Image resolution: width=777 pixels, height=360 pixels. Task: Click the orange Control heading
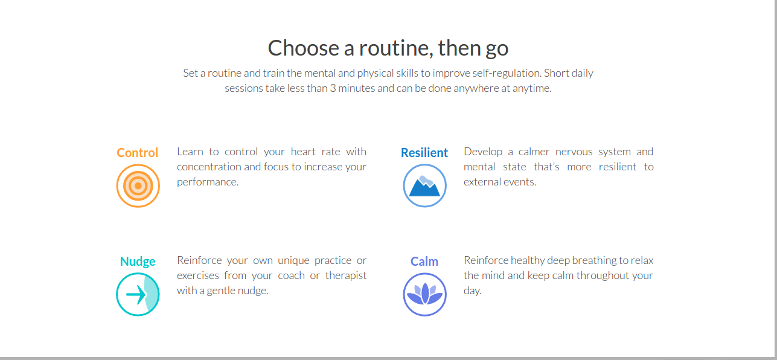138,153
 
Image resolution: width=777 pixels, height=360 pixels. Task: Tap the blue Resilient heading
424,153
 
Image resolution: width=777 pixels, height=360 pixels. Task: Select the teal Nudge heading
138,262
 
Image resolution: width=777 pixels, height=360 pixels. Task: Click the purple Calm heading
424,262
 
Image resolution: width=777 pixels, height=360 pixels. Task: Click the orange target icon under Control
138,185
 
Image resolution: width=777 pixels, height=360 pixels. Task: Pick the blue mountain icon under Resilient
424,185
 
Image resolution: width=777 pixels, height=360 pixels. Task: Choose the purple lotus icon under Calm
424,294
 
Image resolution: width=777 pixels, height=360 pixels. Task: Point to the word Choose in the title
303,48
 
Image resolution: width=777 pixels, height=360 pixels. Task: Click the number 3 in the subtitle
333,88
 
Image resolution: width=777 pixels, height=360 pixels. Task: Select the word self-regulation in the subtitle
507,73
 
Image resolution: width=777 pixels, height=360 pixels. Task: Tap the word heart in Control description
303,152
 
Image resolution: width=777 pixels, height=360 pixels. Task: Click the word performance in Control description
208,182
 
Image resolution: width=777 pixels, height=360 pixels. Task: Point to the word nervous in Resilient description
574,152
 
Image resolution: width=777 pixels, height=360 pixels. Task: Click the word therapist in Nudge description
346,275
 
